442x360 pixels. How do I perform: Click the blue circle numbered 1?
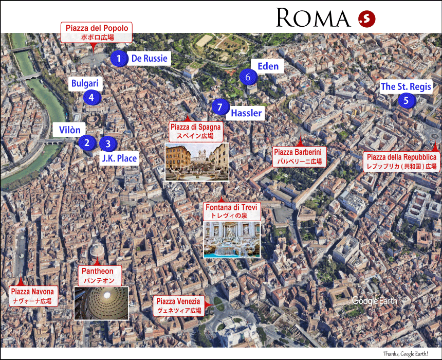(x=119, y=59)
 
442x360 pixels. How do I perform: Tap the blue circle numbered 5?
(x=406, y=100)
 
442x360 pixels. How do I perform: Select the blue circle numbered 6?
(x=248, y=77)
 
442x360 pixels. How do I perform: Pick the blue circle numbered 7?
(x=219, y=107)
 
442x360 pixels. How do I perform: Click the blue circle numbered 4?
(x=91, y=96)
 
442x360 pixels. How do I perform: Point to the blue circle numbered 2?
(x=87, y=142)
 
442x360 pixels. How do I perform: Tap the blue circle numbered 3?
(x=107, y=143)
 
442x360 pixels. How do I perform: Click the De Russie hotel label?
(x=149, y=59)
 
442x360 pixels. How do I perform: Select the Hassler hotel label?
(x=246, y=113)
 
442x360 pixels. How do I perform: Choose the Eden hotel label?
(x=268, y=66)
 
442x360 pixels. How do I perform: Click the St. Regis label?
(x=406, y=87)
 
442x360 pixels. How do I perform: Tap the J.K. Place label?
(x=119, y=158)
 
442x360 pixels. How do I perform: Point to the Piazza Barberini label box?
(x=298, y=156)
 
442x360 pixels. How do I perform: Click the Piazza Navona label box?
(x=32, y=296)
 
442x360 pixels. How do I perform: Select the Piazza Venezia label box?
(x=178, y=306)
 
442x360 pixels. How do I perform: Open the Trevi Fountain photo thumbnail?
(x=232, y=240)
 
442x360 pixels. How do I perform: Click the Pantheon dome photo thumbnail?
(x=101, y=303)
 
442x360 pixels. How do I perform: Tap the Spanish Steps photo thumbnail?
(x=197, y=162)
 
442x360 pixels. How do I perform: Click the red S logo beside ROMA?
(x=367, y=19)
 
